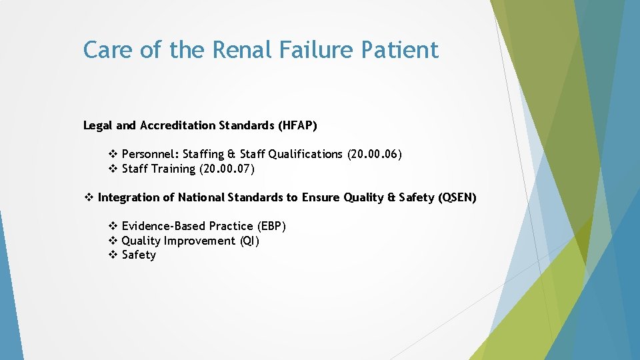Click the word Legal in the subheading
(x=98, y=125)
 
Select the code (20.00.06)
(x=374, y=154)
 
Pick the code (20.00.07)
(x=227, y=169)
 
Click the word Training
(x=173, y=169)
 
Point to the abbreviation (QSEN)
(x=457, y=197)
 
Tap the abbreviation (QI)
(x=249, y=241)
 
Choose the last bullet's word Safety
(x=139, y=255)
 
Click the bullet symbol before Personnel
(x=113, y=154)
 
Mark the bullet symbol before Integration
(x=89, y=197)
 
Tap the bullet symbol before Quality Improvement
(x=113, y=241)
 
